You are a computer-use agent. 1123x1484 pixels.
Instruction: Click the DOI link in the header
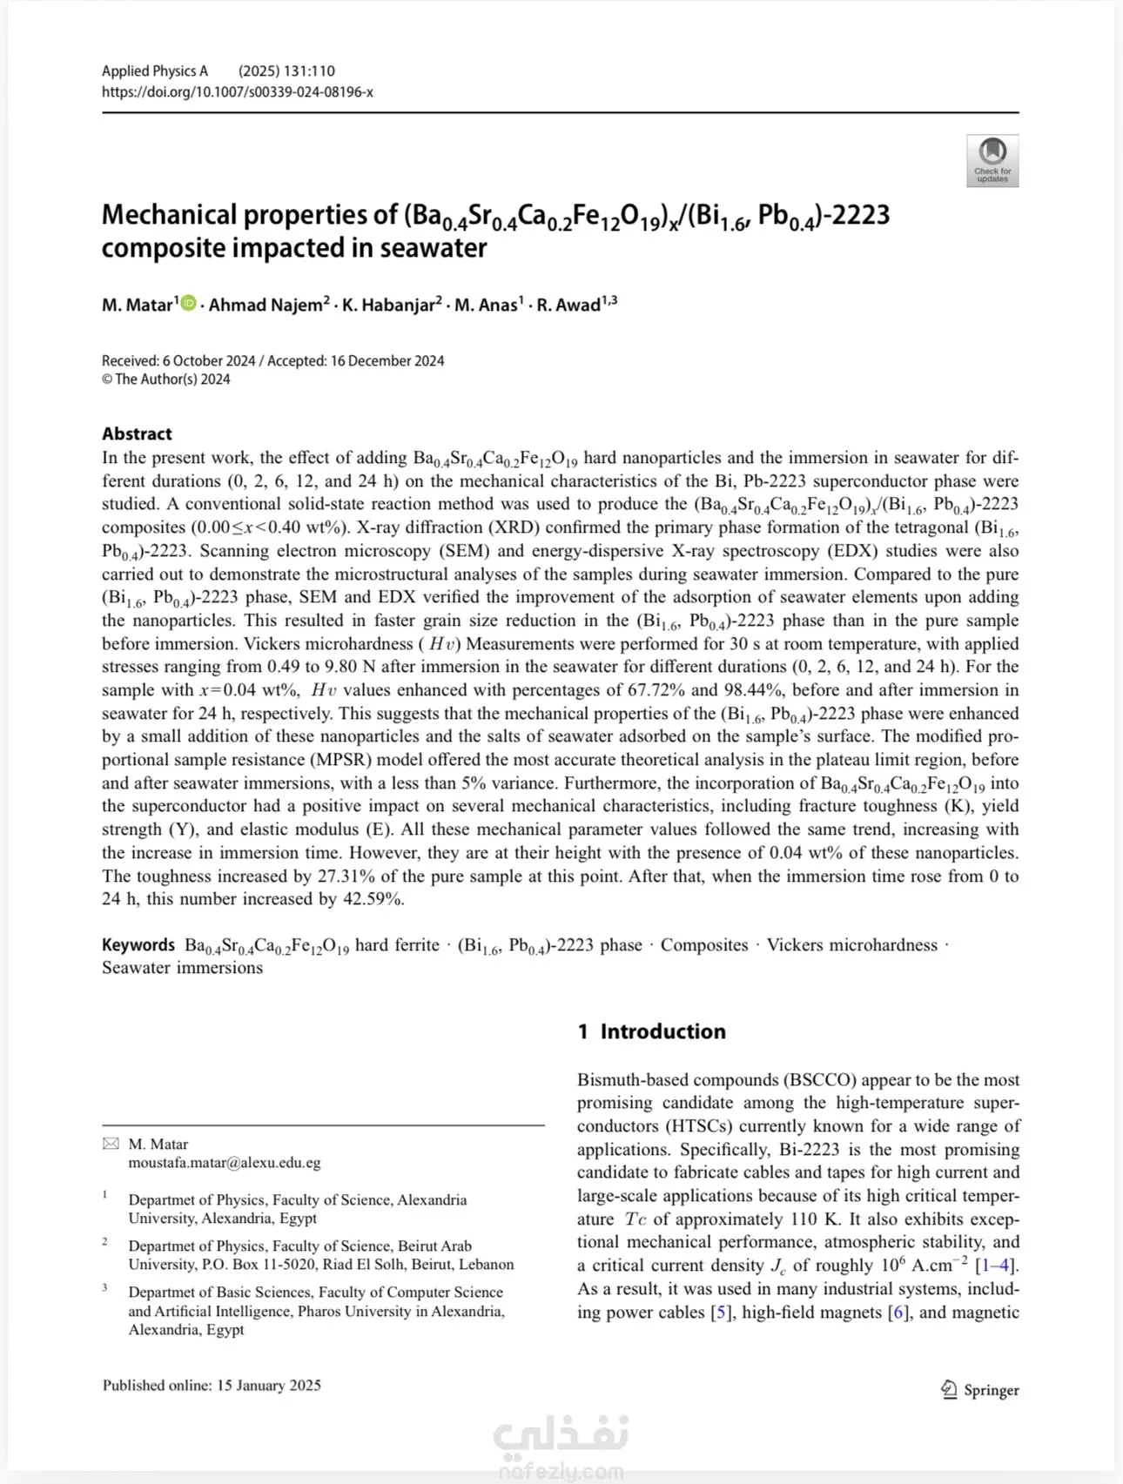point(237,92)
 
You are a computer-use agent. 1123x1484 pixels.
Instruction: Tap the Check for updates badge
point(992,161)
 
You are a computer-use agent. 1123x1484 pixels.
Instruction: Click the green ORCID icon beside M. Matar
point(189,304)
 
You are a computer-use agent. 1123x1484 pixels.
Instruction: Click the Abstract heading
point(137,433)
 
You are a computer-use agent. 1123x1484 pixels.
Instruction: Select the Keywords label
point(138,945)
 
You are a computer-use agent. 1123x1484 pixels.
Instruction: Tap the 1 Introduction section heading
point(651,1031)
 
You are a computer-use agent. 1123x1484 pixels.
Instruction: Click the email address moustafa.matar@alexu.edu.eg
point(225,1163)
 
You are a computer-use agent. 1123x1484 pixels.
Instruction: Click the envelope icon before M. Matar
point(111,1144)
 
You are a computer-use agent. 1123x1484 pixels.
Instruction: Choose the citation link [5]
point(722,1313)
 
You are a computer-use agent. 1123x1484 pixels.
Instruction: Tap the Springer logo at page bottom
point(979,1390)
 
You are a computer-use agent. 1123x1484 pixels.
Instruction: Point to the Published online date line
point(212,1385)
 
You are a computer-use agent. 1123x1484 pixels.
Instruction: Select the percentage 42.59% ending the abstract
point(373,899)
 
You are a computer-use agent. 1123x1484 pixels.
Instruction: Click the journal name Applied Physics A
point(155,71)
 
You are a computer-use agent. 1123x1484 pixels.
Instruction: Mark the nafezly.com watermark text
point(561,1472)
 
